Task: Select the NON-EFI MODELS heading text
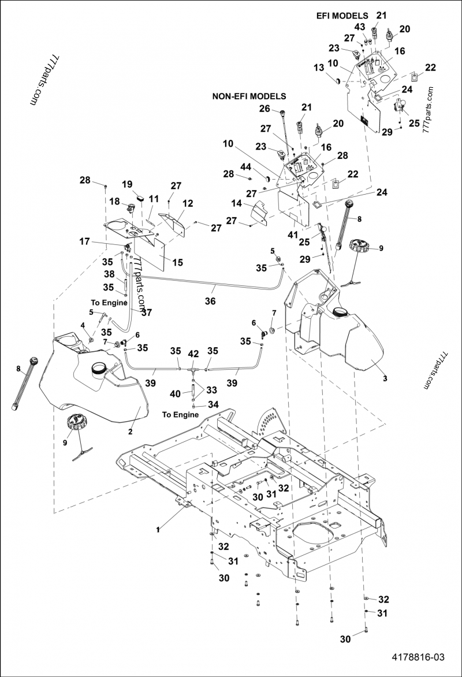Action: click(249, 96)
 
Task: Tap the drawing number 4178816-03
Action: click(418, 657)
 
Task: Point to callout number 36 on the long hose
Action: click(210, 301)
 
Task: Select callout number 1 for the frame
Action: click(158, 529)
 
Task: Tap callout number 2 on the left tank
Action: click(131, 431)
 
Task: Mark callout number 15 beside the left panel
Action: click(177, 262)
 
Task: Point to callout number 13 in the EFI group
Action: click(319, 68)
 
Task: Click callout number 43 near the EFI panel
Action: click(360, 27)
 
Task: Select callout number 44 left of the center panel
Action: click(246, 166)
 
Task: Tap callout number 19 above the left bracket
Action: click(128, 184)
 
